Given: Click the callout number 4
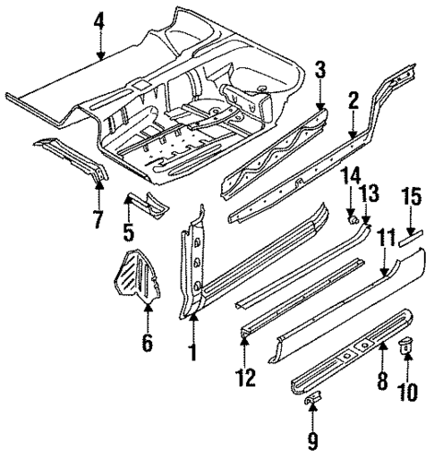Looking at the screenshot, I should pos(98,19).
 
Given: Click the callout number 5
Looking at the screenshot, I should pos(127,233).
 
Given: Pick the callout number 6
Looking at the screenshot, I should pos(148,341).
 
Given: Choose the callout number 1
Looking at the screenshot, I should pos(191,352).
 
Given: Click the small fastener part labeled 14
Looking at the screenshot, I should pos(353,216).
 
